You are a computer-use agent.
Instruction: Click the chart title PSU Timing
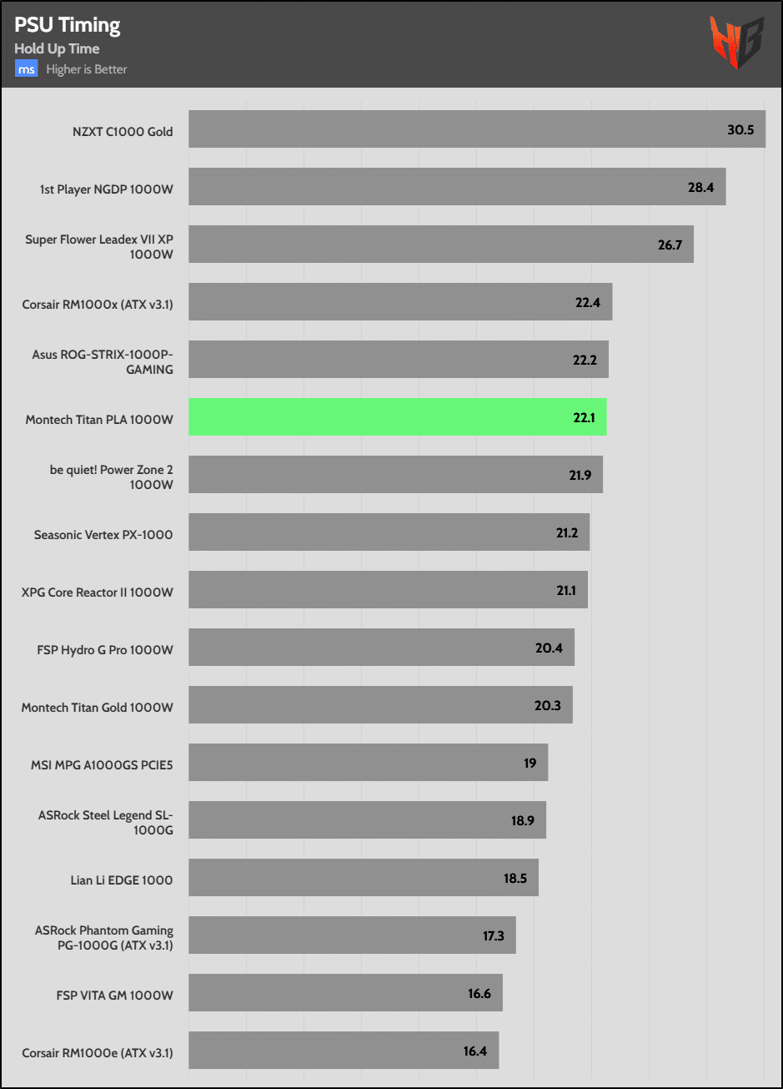pyautogui.click(x=68, y=26)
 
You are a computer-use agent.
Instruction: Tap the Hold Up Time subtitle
pyautogui.click(x=57, y=49)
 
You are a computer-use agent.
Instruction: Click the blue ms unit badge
pyautogui.click(x=26, y=69)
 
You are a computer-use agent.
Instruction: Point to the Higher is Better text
pyautogui.click(x=87, y=69)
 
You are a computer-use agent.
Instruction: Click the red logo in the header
pyautogui.click(x=736, y=43)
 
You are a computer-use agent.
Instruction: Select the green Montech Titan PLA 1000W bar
pyautogui.click(x=397, y=416)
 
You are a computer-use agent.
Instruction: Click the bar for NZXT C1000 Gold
pyautogui.click(x=476, y=129)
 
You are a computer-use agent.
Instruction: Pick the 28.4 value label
pyautogui.click(x=700, y=187)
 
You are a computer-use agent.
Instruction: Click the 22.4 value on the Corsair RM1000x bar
pyautogui.click(x=588, y=302)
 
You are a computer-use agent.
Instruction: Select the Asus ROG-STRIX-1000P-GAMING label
pyautogui.click(x=103, y=361)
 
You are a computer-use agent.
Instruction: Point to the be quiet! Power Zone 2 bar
pyautogui.click(x=395, y=474)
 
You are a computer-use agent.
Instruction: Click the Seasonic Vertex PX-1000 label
pyautogui.click(x=103, y=534)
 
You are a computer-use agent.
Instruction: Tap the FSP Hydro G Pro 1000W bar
pyautogui.click(x=381, y=647)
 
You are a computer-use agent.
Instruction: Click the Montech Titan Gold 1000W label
pyautogui.click(x=97, y=707)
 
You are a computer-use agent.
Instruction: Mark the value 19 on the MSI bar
pyautogui.click(x=530, y=763)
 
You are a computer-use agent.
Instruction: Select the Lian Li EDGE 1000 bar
pyautogui.click(x=363, y=878)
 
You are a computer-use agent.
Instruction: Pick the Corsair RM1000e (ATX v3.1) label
pyautogui.click(x=98, y=1052)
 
